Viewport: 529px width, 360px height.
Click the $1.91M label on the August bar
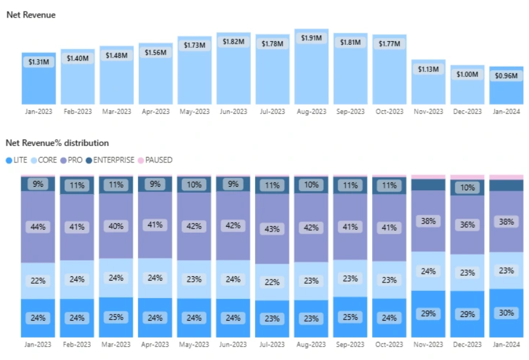coord(311,38)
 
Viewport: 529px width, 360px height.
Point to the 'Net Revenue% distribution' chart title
coord(57,143)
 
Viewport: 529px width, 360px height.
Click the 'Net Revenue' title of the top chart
coord(31,15)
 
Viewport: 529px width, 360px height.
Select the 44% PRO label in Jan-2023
coord(38,227)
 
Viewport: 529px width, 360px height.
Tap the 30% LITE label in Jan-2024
coord(506,313)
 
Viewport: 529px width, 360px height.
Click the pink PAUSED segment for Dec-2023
coord(467,178)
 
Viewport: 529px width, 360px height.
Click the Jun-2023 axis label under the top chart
coord(233,112)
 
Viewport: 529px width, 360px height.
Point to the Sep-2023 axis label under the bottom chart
coord(350,344)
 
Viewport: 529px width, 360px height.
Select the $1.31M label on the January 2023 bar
coord(38,62)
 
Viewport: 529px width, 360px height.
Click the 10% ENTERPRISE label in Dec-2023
coord(467,188)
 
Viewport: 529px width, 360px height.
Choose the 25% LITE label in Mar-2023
coord(116,317)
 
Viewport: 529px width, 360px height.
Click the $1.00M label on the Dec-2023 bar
coord(467,74)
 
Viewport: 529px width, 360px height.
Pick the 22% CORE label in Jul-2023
coord(272,282)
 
